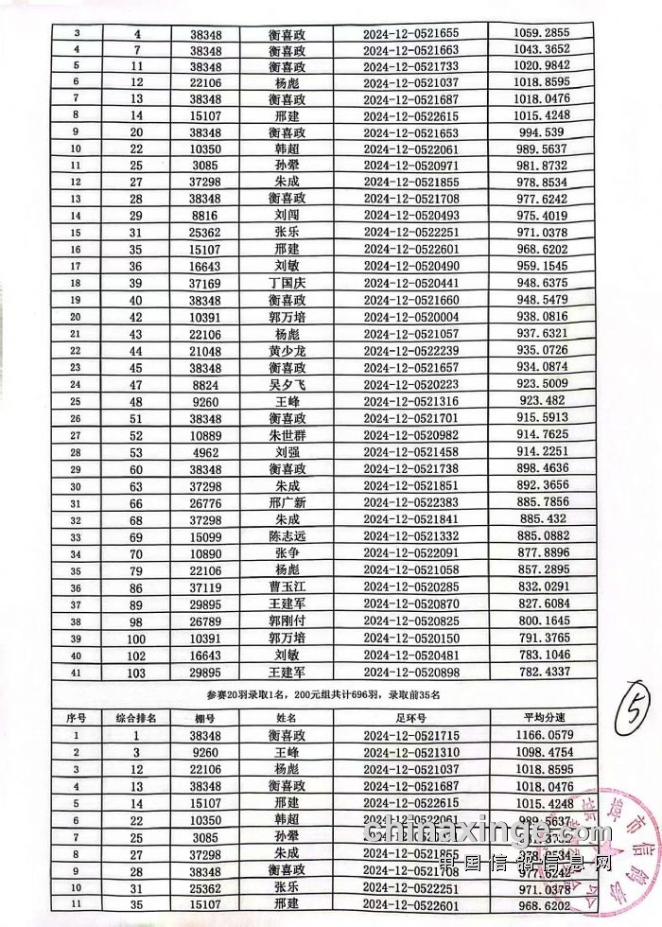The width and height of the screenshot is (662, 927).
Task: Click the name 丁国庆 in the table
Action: pyautogui.click(x=287, y=282)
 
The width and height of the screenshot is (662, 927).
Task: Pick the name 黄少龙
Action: pyautogui.click(x=287, y=350)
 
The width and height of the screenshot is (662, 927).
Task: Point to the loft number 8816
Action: pyautogui.click(x=205, y=215)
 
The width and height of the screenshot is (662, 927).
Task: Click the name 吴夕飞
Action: pyautogui.click(x=287, y=384)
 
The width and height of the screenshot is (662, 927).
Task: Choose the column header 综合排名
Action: pyautogui.click(x=136, y=718)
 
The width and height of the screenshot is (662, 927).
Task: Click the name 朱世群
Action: pyautogui.click(x=287, y=434)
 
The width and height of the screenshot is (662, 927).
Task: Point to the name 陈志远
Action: pyautogui.click(x=287, y=535)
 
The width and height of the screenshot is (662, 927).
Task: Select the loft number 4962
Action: pyautogui.click(x=205, y=451)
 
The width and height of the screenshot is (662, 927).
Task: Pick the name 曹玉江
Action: pyautogui.click(x=287, y=586)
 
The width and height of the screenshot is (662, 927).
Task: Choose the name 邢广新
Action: pyautogui.click(x=287, y=501)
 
